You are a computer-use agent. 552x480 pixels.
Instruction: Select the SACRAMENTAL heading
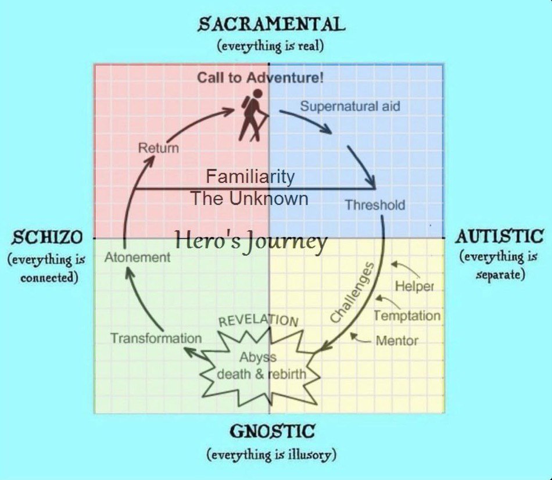[x=271, y=24]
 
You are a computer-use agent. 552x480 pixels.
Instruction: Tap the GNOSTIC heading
[x=272, y=432]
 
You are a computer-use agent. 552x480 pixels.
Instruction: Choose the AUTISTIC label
[x=499, y=237]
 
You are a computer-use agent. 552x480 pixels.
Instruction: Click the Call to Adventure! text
[x=260, y=77]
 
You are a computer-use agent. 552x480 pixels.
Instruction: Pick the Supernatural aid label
[x=350, y=106]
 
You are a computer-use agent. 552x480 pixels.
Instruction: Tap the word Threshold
[x=375, y=205]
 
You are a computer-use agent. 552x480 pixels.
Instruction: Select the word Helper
[x=415, y=286]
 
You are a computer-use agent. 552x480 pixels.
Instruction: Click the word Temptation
[x=407, y=316]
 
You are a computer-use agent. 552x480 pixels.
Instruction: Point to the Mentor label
[x=397, y=341]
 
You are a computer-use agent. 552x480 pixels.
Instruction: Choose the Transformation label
[x=156, y=338]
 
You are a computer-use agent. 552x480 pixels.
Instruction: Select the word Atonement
[x=138, y=257]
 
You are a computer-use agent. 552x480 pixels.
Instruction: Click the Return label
[x=158, y=148]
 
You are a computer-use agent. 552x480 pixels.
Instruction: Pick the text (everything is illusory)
[x=271, y=454]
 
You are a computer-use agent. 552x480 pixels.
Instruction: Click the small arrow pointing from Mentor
[x=364, y=340]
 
